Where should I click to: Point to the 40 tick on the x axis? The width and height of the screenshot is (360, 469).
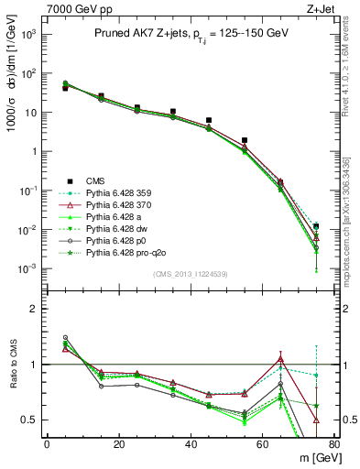[x=190, y=444]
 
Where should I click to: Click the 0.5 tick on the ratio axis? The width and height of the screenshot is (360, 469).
[x=29, y=420]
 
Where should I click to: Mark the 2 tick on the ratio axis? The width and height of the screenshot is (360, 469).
[x=35, y=309]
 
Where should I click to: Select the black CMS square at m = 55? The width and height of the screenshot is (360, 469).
[x=245, y=140]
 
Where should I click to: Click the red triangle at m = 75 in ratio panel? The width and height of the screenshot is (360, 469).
[x=316, y=420]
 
